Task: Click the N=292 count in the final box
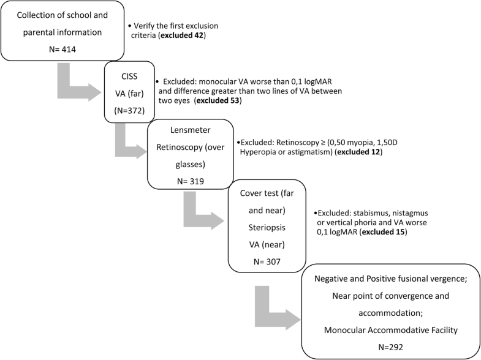tap(390, 346)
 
